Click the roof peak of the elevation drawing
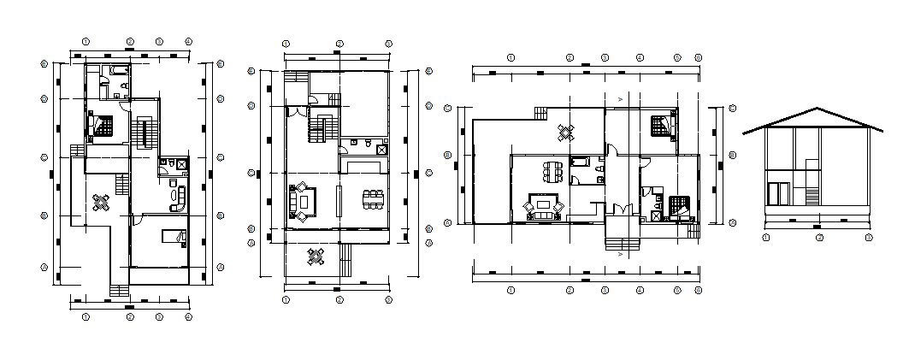pos(817,109)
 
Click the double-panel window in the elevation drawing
pos(778,193)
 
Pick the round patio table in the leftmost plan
pos(102,202)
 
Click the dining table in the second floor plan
pos(373,199)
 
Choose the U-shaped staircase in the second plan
pos(322,128)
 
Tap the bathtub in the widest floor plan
pos(579,160)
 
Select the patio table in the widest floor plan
pos(566,133)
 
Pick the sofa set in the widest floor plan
pos(544,206)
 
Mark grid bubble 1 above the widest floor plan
pos(511,57)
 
